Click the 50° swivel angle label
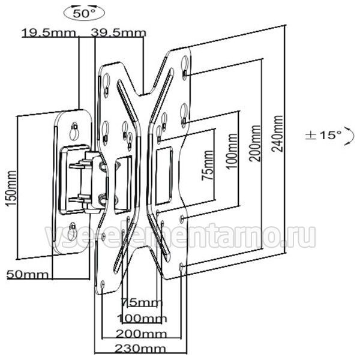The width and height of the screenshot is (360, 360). (83, 14)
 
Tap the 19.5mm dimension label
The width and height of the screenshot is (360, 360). (49, 33)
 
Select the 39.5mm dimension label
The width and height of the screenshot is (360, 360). (118, 33)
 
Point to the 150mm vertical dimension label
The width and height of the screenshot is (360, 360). (11, 188)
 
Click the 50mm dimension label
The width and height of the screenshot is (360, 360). (28, 274)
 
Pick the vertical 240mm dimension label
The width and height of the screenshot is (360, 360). (277, 134)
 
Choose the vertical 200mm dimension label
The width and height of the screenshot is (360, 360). (256, 143)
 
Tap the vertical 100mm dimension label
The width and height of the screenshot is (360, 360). (232, 151)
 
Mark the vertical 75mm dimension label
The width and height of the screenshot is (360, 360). (208, 166)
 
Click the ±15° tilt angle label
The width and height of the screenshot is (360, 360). (323, 135)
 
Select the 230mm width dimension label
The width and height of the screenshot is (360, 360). (140, 349)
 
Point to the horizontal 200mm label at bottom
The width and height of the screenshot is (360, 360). (141, 334)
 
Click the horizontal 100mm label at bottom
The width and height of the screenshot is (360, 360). (142, 319)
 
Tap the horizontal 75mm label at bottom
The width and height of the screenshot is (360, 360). (142, 303)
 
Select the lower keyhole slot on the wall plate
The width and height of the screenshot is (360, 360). (73, 230)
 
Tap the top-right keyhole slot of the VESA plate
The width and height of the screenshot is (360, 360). (185, 65)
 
